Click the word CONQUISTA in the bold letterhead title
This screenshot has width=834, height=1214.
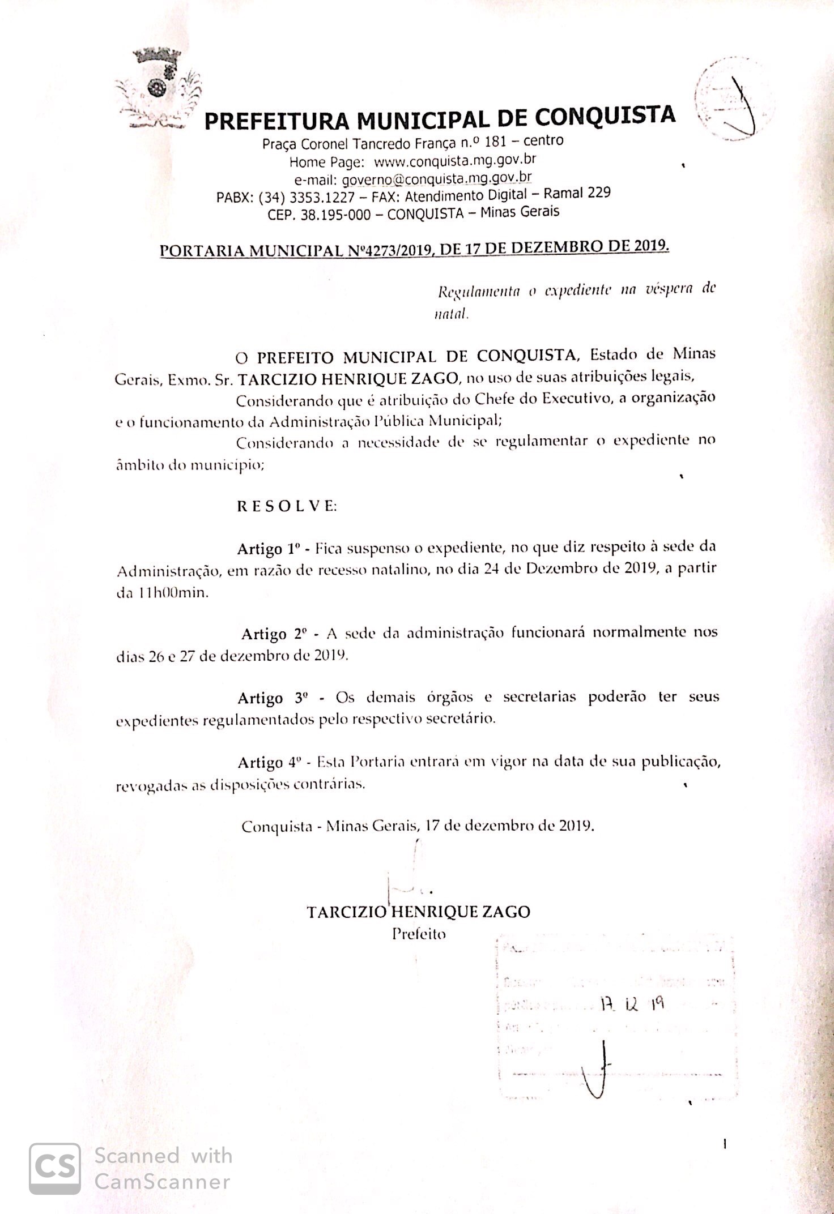coord(605,117)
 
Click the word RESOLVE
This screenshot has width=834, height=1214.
coord(287,506)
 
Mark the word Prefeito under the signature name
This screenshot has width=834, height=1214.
coord(419,934)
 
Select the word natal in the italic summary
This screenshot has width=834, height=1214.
coord(450,314)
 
